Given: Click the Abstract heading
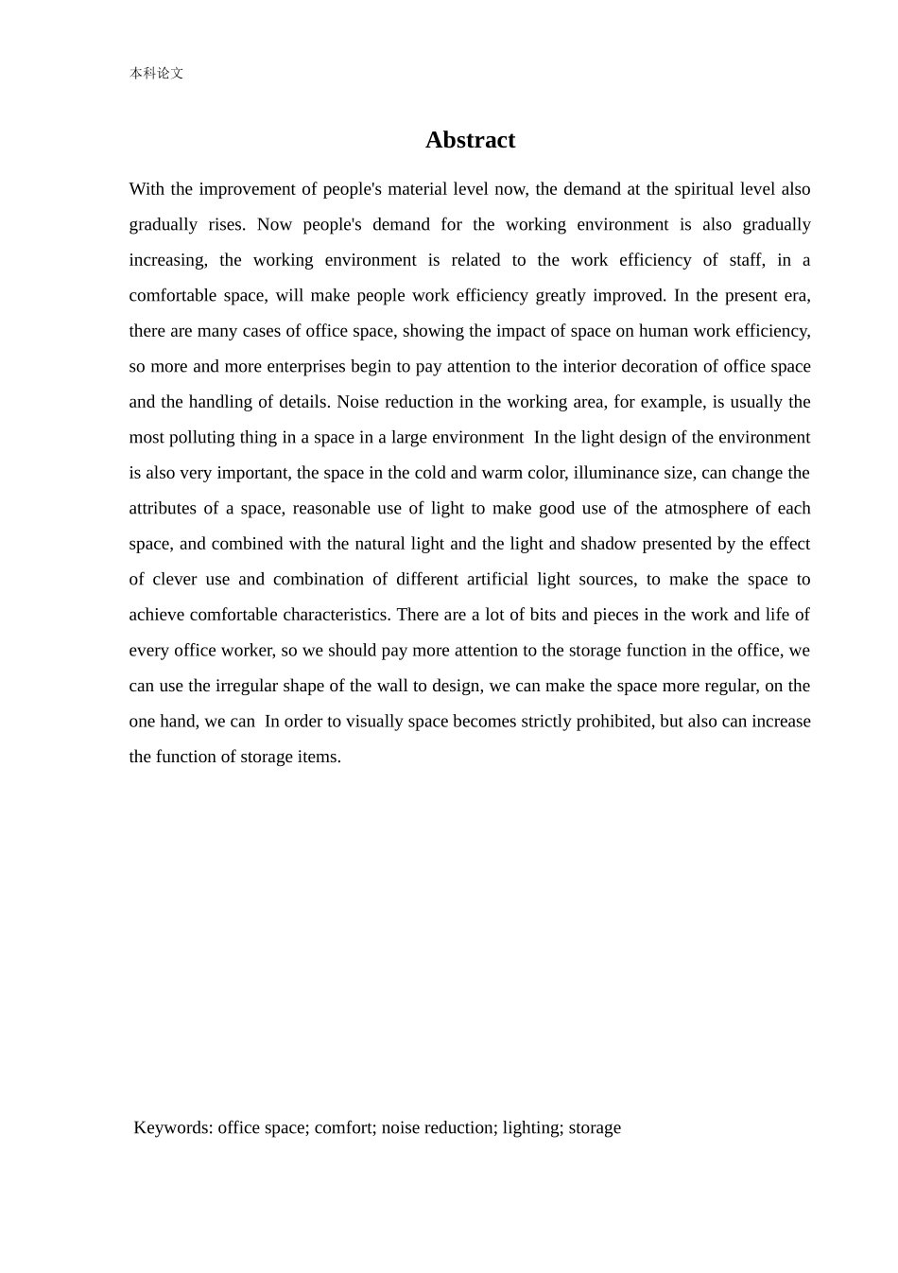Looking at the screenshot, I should (x=470, y=140).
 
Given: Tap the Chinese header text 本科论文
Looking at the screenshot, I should (x=156, y=73).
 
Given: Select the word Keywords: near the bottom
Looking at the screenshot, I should (x=174, y=1127).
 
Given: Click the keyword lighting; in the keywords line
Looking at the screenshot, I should (x=533, y=1127).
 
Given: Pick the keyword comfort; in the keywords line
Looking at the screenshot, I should (x=345, y=1127).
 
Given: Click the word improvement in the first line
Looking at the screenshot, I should (x=246, y=189).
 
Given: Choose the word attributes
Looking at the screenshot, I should (x=164, y=508).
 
